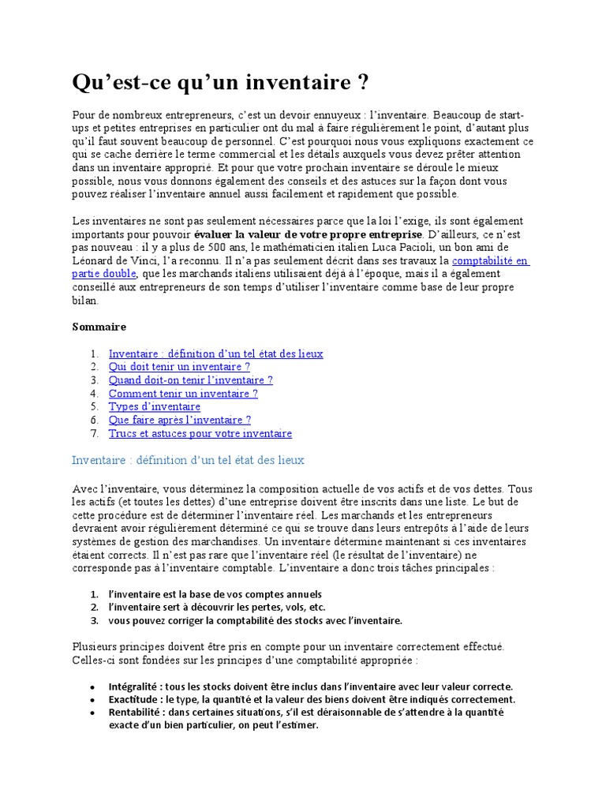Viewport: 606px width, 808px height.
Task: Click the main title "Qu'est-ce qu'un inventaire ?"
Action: tap(220, 82)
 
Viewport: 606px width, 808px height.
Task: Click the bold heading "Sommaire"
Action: tap(99, 327)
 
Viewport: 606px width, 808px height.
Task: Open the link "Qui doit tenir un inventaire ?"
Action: tap(179, 367)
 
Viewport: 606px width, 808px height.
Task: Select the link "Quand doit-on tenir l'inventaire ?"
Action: tap(190, 380)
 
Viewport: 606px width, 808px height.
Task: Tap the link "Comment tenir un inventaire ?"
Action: tap(183, 394)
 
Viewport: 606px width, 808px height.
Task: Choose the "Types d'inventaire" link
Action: tap(154, 407)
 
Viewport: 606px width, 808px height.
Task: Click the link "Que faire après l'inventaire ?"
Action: tap(180, 421)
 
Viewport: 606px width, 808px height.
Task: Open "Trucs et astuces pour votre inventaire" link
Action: tap(200, 434)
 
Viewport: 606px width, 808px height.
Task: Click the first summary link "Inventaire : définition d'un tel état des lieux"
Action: tap(215, 353)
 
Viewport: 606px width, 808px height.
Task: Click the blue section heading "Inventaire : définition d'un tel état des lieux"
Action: tap(188, 460)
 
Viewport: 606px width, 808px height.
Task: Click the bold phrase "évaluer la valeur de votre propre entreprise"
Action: tap(309, 234)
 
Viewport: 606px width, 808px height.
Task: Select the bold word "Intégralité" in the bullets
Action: tap(135, 686)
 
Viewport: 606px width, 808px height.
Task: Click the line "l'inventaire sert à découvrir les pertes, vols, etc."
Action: tap(217, 608)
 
